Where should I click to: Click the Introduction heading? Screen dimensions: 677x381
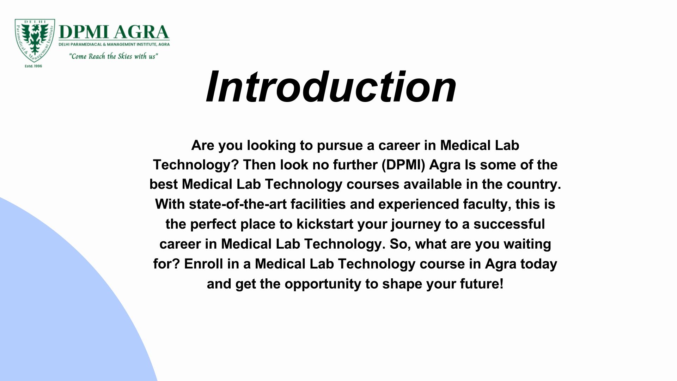point(331,87)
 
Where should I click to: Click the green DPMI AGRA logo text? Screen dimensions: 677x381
point(114,32)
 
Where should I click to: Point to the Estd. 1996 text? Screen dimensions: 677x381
point(33,66)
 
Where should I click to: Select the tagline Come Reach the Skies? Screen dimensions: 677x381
point(113,56)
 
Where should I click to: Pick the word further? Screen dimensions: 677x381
point(355,165)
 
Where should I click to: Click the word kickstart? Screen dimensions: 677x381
point(325,224)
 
